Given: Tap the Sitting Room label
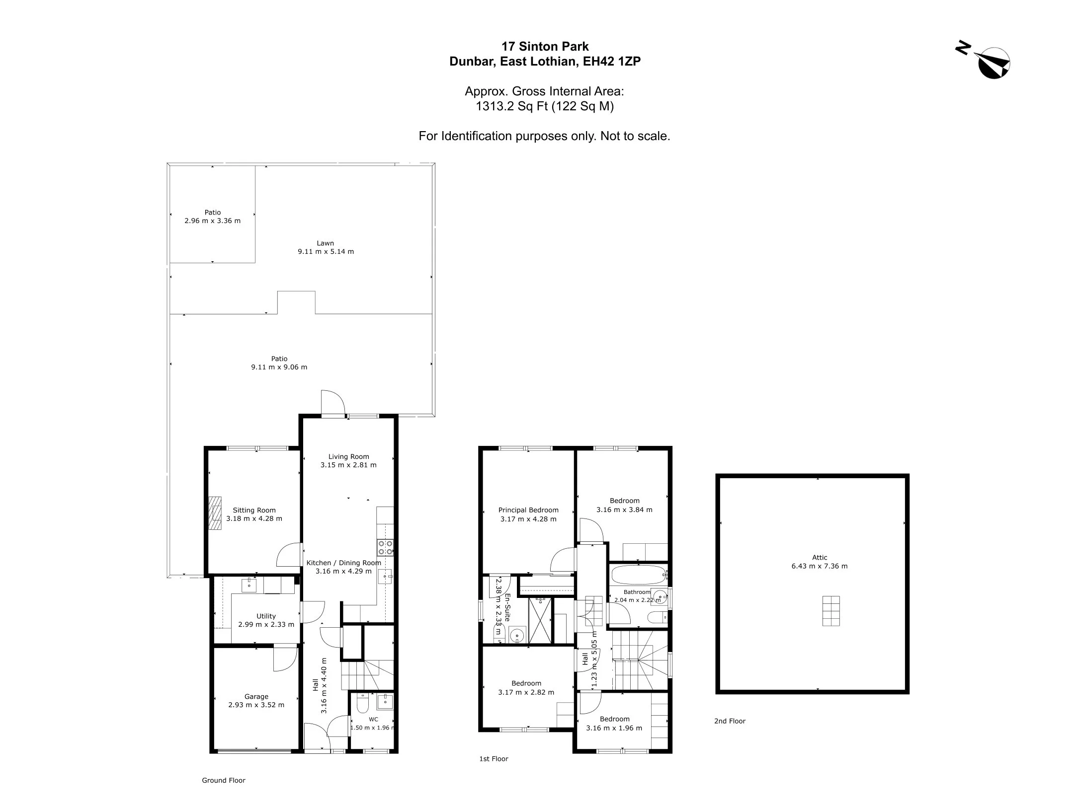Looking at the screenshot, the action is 254,510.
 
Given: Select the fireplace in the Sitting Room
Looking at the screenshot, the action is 215,514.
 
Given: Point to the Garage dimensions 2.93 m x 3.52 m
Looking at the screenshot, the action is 256,705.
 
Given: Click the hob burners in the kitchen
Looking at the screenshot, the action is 385,547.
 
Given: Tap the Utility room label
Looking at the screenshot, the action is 266,616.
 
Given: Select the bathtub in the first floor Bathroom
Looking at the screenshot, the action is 639,575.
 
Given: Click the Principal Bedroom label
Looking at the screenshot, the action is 528,510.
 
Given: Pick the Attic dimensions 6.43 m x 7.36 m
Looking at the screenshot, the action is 820,566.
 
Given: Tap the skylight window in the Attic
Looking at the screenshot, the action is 830,611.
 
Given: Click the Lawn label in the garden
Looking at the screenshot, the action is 326,243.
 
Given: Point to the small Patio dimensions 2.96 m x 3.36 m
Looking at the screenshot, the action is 213,221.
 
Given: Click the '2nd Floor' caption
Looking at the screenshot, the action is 730,721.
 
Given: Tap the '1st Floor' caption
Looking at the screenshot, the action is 494,759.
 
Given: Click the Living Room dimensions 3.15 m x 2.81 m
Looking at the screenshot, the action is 348,465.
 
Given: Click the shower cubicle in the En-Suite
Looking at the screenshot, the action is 540,620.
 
